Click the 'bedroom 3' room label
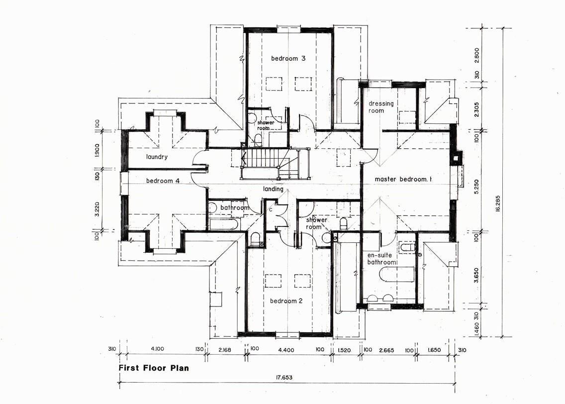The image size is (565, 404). click(288, 58)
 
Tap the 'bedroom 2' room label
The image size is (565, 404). click(286, 301)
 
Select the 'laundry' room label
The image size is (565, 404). click(157, 157)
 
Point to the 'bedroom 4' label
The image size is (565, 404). click(163, 181)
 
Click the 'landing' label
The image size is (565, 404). click(273, 189)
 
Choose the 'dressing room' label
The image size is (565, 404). click(381, 107)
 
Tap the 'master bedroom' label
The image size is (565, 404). click(403, 179)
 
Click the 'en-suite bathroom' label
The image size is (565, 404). click(382, 259)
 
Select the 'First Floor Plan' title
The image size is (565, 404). click(154, 368)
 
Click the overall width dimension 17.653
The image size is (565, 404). click(284, 378)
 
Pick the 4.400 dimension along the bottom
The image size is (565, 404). click(286, 350)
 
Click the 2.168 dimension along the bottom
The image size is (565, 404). click(226, 350)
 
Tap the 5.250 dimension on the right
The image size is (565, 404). click(476, 187)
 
